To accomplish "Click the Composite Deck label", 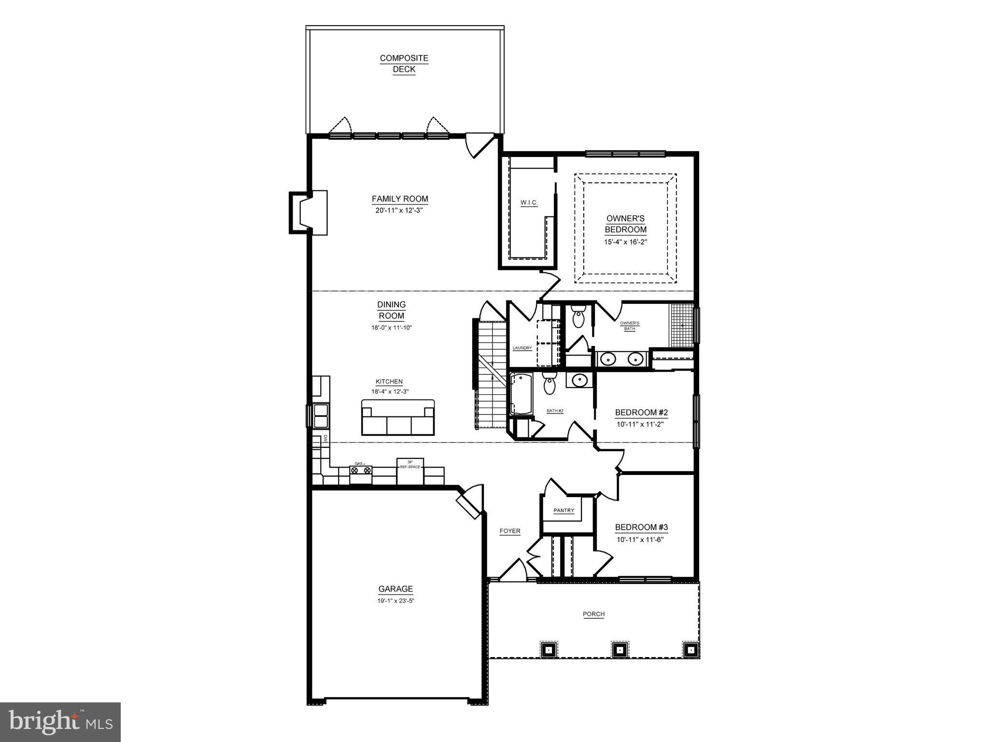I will pos(404,64).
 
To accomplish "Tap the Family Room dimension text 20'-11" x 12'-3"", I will pos(399,211).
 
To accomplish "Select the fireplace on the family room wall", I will pos(308,213).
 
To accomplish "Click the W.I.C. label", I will pos(529,202).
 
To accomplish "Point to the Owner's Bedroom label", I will pos(625,224).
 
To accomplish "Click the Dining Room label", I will pos(391,310).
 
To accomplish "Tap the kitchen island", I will pos(397,417).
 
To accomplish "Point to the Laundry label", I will pos(522,348).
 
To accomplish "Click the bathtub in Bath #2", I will pos(521,394).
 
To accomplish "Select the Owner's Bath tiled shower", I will pos(681,325).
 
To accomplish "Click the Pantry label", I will pos(564,511).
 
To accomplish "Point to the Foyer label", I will pos(509,531).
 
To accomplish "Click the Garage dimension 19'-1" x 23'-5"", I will pos(396,601).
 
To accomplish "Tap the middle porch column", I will pos(619,650).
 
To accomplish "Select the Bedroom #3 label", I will pos(641,528).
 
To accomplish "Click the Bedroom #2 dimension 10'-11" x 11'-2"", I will pos(640,425).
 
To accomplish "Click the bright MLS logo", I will pos(60,722).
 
